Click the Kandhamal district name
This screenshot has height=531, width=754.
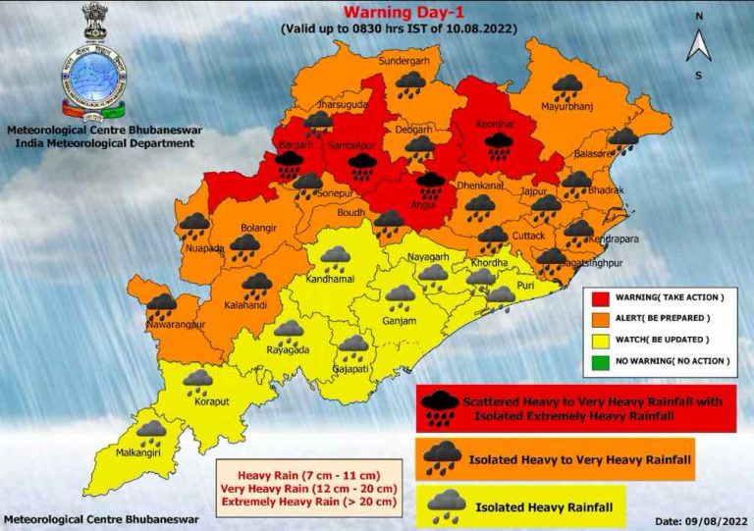[334, 280]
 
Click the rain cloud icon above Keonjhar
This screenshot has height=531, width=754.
[500, 146]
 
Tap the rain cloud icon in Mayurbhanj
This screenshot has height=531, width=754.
[566, 89]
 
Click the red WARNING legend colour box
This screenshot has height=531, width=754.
[602, 297]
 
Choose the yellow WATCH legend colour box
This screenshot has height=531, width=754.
[602, 340]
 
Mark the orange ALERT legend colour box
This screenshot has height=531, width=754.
[602, 318]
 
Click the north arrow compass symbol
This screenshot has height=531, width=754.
[698, 45]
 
